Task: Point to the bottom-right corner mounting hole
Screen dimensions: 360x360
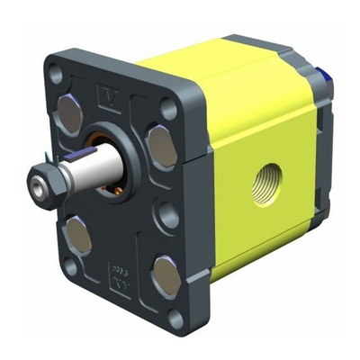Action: point(176,317)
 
